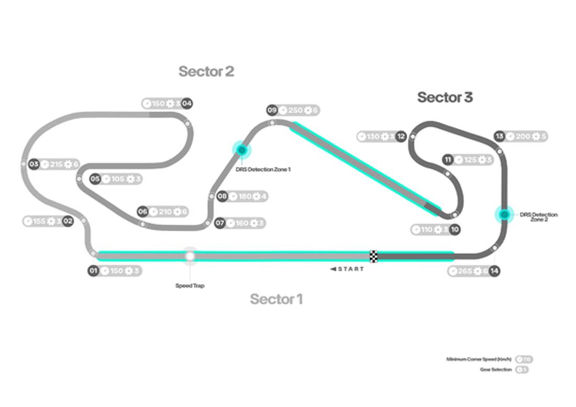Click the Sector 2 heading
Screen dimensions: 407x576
click(206, 71)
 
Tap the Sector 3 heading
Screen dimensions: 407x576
click(445, 97)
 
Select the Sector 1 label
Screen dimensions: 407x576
click(276, 299)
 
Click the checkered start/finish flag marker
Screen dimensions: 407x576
click(374, 256)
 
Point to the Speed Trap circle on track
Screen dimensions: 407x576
click(190, 256)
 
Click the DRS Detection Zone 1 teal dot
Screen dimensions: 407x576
click(242, 150)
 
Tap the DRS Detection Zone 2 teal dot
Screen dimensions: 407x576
click(504, 214)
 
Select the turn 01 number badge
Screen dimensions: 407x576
click(93, 271)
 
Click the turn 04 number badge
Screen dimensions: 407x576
click(186, 103)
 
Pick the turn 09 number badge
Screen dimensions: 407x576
click(272, 110)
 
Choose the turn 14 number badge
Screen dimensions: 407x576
click(494, 271)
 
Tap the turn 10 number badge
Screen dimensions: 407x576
click(455, 229)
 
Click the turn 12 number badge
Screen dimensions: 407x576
click(401, 137)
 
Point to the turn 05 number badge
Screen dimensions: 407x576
click(95, 179)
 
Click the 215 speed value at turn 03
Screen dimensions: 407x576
click(56, 164)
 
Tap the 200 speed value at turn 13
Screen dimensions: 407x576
click(523, 137)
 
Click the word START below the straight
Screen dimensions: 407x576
click(350, 269)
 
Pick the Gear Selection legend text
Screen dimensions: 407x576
click(495, 369)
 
